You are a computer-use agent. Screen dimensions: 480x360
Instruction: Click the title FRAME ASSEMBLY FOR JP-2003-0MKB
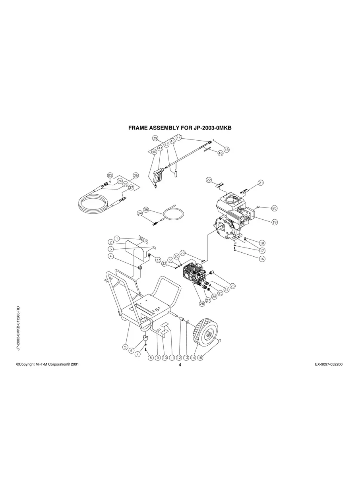click(x=180, y=128)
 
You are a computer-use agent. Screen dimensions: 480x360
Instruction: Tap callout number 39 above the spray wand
click(x=155, y=138)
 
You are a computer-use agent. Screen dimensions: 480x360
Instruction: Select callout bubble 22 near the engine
click(x=209, y=180)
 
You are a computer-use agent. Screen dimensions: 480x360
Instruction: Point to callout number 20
click(x=274, y=208)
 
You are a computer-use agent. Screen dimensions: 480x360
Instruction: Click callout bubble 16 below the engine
click(x=262, y=259)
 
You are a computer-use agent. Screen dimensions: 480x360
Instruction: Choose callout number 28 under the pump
click(x=202, y=304)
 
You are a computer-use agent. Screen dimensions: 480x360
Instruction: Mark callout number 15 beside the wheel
click(x=200, y=358)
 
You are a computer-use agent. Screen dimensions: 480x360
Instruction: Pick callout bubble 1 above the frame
click(x=117, y=238)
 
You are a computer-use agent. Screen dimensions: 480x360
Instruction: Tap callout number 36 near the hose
click(x=135, y=175)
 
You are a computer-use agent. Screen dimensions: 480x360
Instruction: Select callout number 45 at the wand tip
click(x=226, y=150)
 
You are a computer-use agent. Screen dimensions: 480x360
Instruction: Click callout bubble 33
click(x=158, y=260)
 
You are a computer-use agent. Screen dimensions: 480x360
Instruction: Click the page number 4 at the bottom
click(x=180, y=365)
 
